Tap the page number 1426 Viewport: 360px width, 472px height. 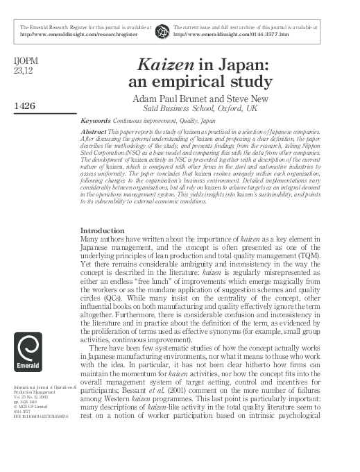click(24, 106)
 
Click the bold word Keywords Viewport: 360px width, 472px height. click(95, 120)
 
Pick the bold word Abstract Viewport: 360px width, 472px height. click(94, 131)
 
